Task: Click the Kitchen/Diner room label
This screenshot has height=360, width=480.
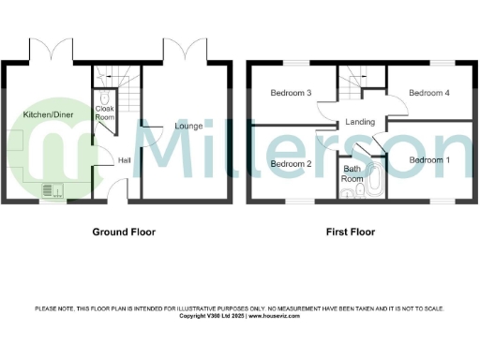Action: pos(48,114)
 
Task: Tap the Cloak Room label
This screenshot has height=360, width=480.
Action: pos(105,113)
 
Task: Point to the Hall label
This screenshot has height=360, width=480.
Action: pos(124,160)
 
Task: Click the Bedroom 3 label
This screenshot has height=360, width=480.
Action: pos(291,93)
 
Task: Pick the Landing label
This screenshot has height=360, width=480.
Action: pos(360,122)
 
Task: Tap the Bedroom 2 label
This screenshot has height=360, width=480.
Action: pos(291,164)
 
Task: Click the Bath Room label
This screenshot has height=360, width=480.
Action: pos(352,173)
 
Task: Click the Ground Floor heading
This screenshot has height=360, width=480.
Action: pos(123,231)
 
